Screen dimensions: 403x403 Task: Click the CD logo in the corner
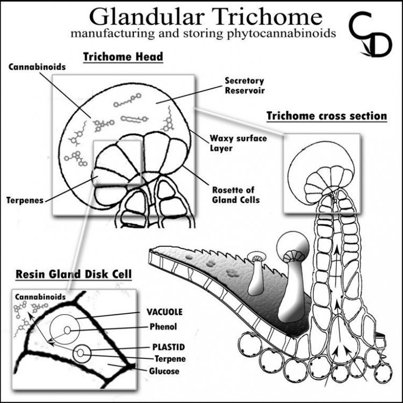[x=370, y=34]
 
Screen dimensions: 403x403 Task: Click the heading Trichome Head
[x=123, y=57]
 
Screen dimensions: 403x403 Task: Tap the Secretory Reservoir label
[x=244, y=85]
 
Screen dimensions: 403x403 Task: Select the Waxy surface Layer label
[x=238, y=143]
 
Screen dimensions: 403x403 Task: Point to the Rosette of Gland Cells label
[x=236, y=195]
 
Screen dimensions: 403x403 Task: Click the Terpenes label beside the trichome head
[x=25, y=200]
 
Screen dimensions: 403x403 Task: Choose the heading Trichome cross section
[x=327, y=116]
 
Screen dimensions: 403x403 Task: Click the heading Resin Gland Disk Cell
[x=74, y=274]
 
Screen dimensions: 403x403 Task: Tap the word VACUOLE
[x=164, y=312]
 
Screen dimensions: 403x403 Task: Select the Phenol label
[x=163, y=327]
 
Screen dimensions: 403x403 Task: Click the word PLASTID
[x=169, y=347]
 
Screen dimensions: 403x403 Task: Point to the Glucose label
[x=164, y=371]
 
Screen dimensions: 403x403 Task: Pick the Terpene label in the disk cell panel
[x=170, y=359]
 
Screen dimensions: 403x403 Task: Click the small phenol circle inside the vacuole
[x=67, y=330]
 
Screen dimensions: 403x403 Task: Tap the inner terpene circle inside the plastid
[x=81, y=353]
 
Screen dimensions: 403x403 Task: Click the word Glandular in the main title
[x=147, y=17]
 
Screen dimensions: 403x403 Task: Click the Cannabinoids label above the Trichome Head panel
[x=37, y=67]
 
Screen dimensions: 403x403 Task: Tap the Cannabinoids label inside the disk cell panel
[x=40, y=297]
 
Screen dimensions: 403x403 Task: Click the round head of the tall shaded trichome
[x=293, y=246]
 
